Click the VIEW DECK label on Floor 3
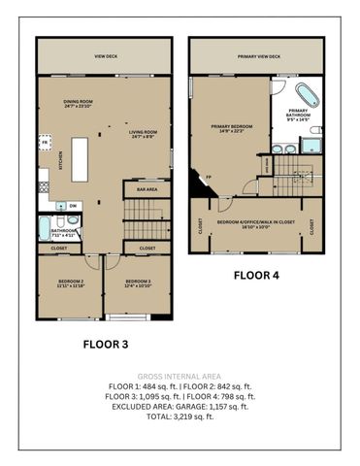coord(106,57)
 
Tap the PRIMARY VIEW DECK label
coord(258,57)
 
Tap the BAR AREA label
coord(147,189)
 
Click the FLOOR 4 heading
coord(256,275)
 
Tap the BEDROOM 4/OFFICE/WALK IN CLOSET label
coord(257,223)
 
